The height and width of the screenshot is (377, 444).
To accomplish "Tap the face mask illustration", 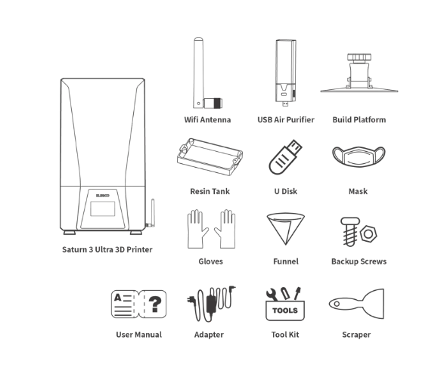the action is tap(359, 156).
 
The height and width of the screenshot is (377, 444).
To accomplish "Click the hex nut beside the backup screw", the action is tap(368, 233).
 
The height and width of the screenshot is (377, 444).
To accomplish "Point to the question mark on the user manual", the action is tap(155, 304).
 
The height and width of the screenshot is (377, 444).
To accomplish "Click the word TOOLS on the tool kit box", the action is tap(285, 311).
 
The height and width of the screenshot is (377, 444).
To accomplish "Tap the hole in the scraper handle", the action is tap(337, 304).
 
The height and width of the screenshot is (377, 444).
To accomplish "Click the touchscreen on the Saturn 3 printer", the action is tap(103, 209).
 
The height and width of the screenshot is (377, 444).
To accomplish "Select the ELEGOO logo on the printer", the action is tap(103, 196).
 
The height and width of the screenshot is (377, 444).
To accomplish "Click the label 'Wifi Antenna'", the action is tap(207, 119).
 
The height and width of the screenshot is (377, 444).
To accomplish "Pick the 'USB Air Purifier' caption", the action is tap(286, 119).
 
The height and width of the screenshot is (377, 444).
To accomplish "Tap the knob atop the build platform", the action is tap(359, 57).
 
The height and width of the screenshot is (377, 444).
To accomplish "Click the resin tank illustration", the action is tap(210, 156).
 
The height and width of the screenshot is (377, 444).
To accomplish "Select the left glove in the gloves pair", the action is tap(197, 229).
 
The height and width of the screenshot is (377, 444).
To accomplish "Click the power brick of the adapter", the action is tap(211, 304).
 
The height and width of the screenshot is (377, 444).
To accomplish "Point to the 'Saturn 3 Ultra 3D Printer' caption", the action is tap(107, 249).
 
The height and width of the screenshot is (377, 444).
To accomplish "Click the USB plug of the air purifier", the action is tap(285, 104).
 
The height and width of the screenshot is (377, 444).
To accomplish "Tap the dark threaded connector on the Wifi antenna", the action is tap(218, 104).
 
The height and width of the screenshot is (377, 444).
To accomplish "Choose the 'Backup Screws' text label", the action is tap(359, 261).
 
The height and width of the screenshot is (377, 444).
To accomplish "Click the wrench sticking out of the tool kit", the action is tap(272, 295).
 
